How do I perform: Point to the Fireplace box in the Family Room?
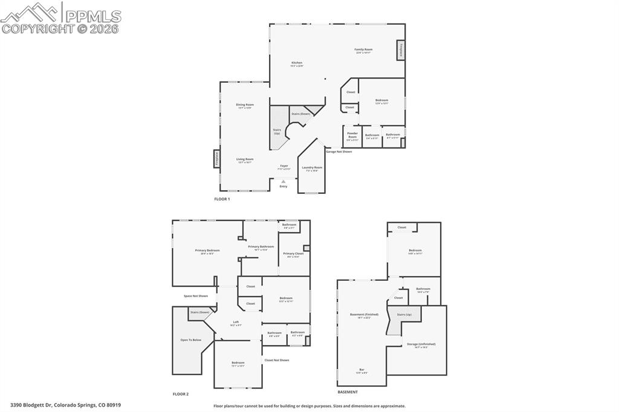[x=400, y=50]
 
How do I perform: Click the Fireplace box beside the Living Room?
[x=216, y=158]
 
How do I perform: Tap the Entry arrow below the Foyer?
[x=284, y=181]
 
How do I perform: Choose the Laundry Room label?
[x=313, y=169]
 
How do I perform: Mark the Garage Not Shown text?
[x=339, y=152]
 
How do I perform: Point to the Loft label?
[x=236, y=323]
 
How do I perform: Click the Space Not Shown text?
[x=196, y=296]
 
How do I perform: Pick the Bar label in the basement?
[x=361, y=370]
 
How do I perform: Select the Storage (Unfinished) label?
[x=421, y=345]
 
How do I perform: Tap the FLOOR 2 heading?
[x=181, y=394]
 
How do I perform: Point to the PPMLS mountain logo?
[x=30, y=12]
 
